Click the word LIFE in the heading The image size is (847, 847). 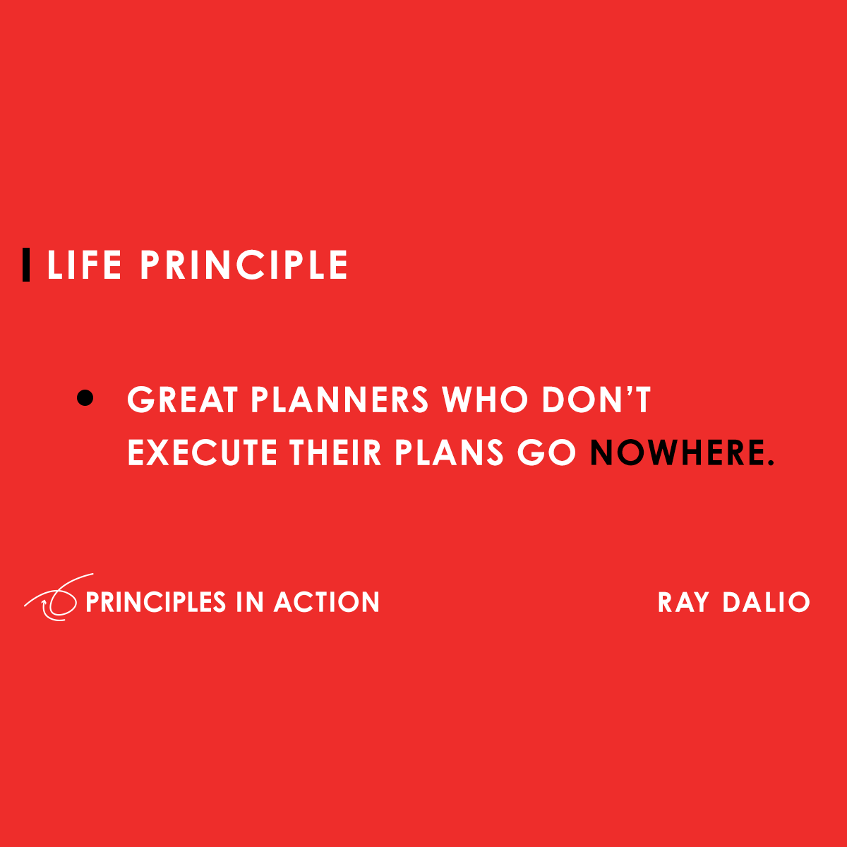coord(84,265)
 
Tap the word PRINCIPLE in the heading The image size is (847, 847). coord(244,265)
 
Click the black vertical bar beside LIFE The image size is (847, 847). coord(26,265)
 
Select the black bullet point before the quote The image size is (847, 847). coord(85,398)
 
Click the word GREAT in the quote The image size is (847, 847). coord(183,400)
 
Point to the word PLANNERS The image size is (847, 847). coord(340,400)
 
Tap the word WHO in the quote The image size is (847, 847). coord(485,400)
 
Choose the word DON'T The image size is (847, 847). coord(596,400)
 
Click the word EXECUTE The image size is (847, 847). coord(202,452)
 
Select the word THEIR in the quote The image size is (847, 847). coord(335,452)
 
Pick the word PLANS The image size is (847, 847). coord(449,452)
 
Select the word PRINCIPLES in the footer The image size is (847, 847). coord(155,602)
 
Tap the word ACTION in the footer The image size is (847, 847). coord(327,602)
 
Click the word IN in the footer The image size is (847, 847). coord(250,602)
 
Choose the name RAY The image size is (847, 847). coord(683,602)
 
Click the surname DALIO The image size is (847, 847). coord(767,602)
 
